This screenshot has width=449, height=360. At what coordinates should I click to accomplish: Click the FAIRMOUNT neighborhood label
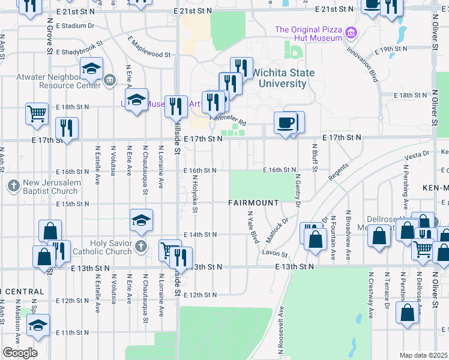253,203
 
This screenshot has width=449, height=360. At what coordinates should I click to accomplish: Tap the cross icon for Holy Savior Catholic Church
140,246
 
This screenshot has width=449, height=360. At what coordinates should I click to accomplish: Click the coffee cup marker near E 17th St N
285,122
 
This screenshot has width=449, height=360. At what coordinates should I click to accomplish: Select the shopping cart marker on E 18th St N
37,112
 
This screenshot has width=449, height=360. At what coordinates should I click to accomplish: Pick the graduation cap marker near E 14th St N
141,220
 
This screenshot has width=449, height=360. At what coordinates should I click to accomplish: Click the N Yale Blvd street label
252,227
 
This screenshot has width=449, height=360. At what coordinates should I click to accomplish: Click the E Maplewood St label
149,47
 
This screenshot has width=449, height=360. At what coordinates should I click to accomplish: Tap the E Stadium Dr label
75,26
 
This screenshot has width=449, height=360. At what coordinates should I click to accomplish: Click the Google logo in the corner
20,352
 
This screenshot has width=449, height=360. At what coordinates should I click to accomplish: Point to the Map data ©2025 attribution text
423,355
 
